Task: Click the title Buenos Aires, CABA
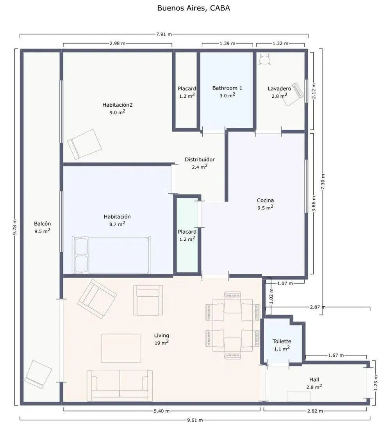(x=193, y=8)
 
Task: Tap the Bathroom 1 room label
(x=227, y=88)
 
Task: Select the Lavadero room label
(x=279, y=89)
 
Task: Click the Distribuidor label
(x=200, y=159)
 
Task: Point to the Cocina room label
(x=265, y=200)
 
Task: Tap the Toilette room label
(x=282, y=341)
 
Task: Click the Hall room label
(x=314, y=380)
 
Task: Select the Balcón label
(x=42, y=224)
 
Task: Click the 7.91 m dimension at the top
(x=164, y=34)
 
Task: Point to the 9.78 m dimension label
(x=15, y=227)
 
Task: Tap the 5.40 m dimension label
(x=161, y=411)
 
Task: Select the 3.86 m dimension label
(x=314, y=204)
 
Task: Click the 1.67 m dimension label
(x=336, y=355)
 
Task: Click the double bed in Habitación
(x=111, y=255)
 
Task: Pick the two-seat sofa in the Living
(x=120, y=385)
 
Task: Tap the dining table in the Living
(x=233, y=325)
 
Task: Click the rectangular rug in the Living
(x=121, y=348)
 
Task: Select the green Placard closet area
(x=187, y=236)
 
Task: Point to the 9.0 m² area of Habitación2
(x=117, y=112)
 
